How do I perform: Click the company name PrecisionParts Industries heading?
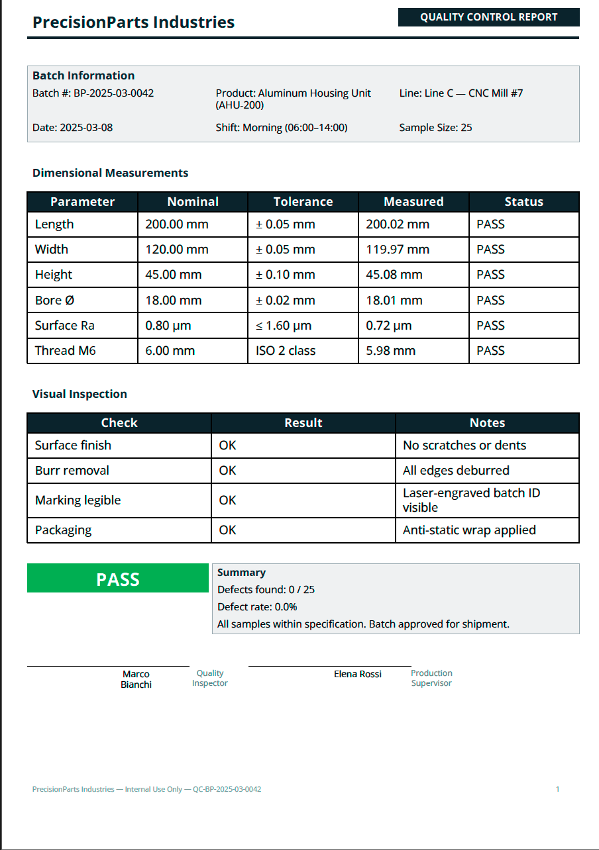click(x=133, y=22)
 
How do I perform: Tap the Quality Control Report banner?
click(x=488, y=17)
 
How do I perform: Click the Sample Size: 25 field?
click(x=435, y=128)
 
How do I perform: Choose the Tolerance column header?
click(x=303, y=202)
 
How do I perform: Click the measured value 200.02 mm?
click(x=398, y=224)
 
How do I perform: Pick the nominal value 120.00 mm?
click(x=176, y=250)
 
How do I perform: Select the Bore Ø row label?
click(x=54, y=300)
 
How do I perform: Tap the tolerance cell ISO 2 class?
click(x=286, y=351)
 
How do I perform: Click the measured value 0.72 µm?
click(x=388, y=326)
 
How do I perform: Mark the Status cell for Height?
click(x=490, y=275)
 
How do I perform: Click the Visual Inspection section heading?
click(x=80, y=394)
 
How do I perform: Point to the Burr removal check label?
click(x=72, y=471)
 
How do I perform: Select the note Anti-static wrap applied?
click(x=469, y=530)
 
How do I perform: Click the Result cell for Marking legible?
click(x=227, y=500)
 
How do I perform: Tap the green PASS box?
click(x=118, y=579)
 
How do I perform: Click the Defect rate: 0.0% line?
click(x=257, y=607)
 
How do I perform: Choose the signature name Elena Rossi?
click(x=357, y=674)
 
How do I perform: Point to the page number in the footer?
click(x=558, y=789)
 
